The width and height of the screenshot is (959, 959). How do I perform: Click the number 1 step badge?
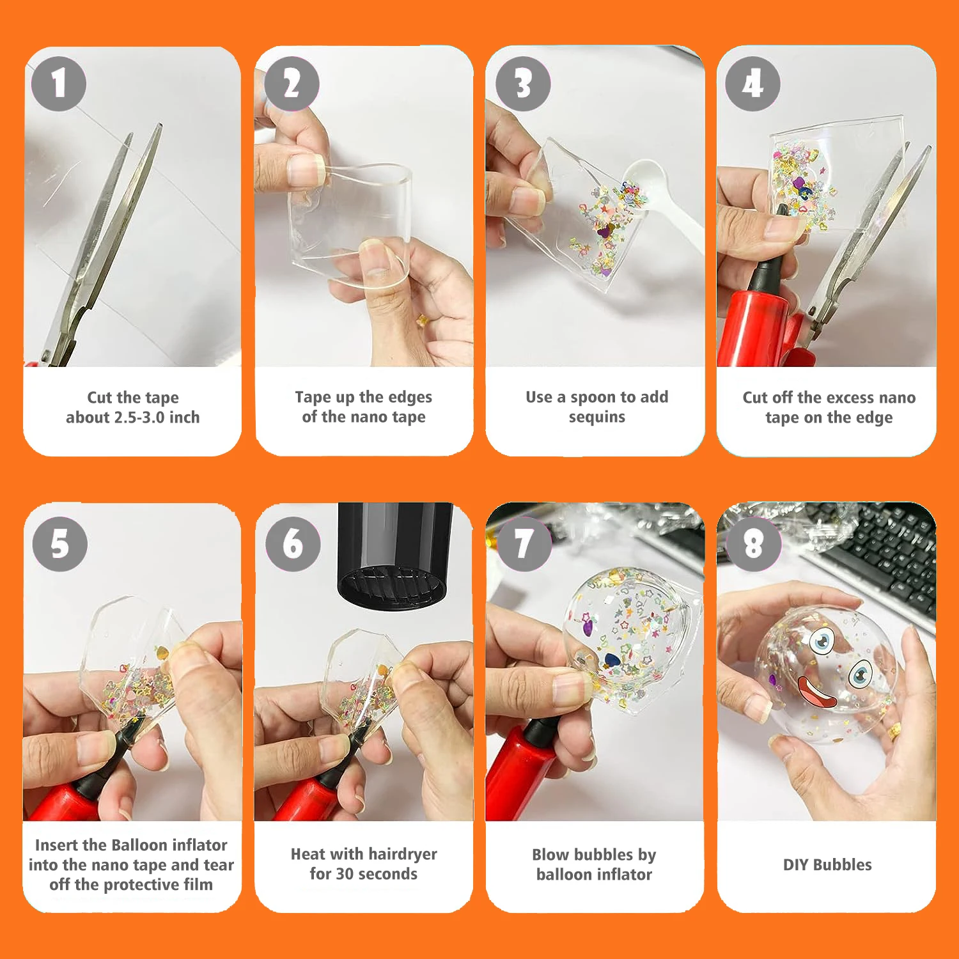(x=59, y=84)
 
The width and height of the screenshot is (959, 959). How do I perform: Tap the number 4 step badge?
(x=752, y=84)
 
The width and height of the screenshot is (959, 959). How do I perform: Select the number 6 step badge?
(x=293, y=544)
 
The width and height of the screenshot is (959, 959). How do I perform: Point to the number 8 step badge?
(x=754, y=544)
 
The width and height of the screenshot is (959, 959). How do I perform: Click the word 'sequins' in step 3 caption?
(x=597, y=417)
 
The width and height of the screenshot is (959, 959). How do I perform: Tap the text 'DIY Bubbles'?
(x=827, y=864)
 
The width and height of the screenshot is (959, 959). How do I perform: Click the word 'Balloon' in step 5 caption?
(x=139, y=845)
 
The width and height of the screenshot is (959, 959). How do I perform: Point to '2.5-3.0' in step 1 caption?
(x=139, y=417)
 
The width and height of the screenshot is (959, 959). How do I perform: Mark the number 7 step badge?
(x=524, y=544)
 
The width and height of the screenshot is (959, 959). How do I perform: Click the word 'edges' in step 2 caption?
(x=410, y=398)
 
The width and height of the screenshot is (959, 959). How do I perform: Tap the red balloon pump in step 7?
(x=521, y=770)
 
